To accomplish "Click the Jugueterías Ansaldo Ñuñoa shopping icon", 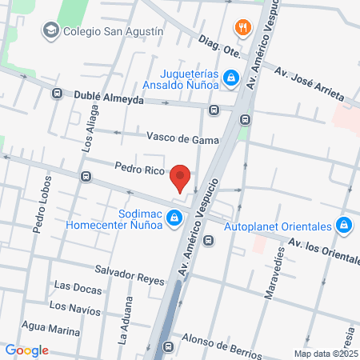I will tap(231, 78).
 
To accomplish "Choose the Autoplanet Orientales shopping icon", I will tap(344, 225).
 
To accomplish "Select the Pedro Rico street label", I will tap(138, 170).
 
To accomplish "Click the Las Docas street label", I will tap(77, 286).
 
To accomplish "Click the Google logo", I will tap(26, 350).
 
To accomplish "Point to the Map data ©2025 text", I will tap(325, 354).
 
